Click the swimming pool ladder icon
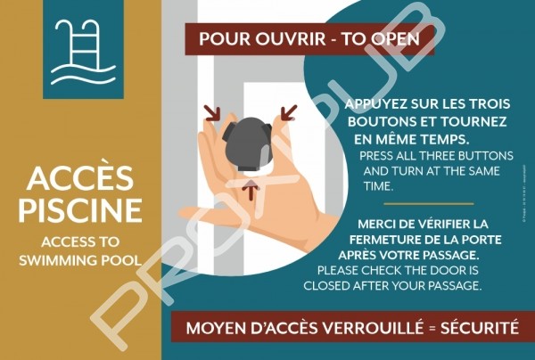click(83, 51)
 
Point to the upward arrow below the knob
click(251, 190)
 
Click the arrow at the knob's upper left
click(212, 113)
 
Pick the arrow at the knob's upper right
click(289, 112)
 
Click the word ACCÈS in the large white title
click(80, 177)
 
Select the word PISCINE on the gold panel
click(80, 209)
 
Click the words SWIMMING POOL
click(80, 260)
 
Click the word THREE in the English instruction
click(438, 156)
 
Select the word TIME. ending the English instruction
click(378, 186)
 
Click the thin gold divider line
click(429, 204)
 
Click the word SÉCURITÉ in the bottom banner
click(480, 328)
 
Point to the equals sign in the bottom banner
click(432, 329)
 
